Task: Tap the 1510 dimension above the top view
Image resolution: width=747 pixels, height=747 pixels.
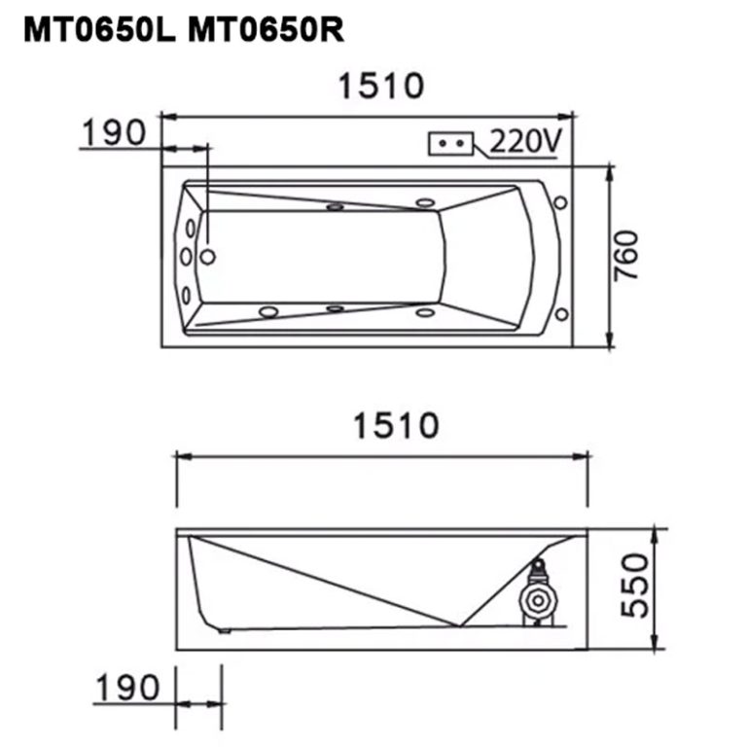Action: (x=381, y=87)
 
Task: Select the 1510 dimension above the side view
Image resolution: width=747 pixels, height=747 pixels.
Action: (x=396, y=425)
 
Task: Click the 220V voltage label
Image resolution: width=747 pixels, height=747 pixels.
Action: (x=524, y=142)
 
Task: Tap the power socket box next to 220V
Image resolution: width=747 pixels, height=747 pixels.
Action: (x=450, y=143)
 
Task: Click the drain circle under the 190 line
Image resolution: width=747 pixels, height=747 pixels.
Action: (x=207, y=257)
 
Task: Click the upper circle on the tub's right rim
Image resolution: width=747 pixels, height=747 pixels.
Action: (x=560, y=202)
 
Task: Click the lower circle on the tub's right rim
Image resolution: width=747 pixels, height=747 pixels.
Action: (x=560, y=313)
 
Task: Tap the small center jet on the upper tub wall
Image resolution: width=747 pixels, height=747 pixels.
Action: (x=336, y=206)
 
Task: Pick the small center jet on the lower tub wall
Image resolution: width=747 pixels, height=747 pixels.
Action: (x=335, y=308)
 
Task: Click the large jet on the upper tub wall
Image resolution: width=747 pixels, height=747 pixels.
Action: (x=424, y=203)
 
